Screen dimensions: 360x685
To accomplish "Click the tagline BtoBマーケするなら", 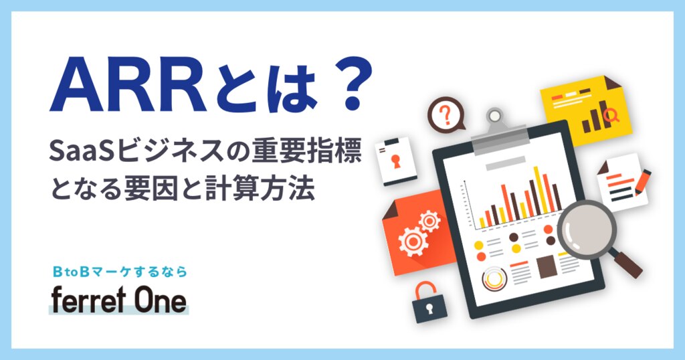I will coord(119,272).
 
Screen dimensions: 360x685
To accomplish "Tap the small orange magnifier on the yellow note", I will coord(610,115).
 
